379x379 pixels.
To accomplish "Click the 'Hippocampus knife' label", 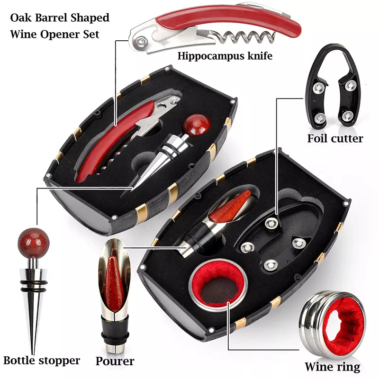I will [225, 56].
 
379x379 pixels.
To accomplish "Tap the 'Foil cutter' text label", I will [335, 138].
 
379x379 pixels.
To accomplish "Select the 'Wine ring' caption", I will [332, 366].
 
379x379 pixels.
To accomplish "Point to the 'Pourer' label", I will [115, 361].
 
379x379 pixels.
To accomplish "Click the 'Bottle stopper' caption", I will [41, 361].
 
